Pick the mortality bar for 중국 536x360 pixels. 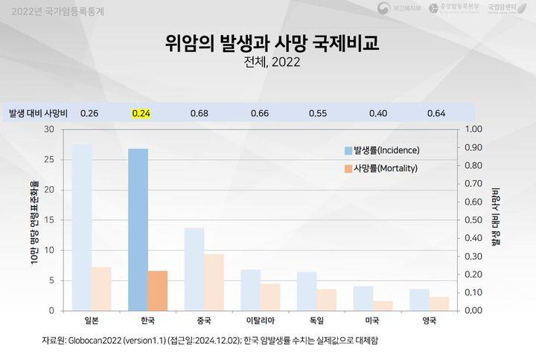pyautogui.click(x=214, y=282)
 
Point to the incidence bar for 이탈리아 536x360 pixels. pyautogui.click(x=250, y=289)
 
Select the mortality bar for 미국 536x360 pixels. pyautogui.click(x=383, y=305)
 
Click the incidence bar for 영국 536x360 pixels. pyautogui.click(x=419, y=299)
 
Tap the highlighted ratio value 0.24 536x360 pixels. pyautogui.click(x=141, y=113)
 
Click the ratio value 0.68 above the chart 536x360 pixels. pyautogui.click(x=199, y=113)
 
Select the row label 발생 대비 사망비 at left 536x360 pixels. pyautogui.click(x=38, y=113)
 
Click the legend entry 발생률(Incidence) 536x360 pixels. pyautogui.click(x=380, y=150)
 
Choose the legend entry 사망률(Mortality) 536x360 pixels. pyautogui.click(x=379, y=168)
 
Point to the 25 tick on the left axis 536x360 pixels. pyautogui.click(x=49, y=160)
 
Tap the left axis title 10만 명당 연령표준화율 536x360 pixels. pyautogui.click(x=35, y=220)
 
